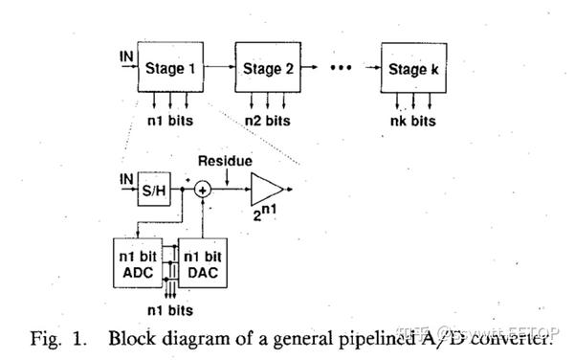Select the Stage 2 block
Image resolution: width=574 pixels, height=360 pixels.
pos(261,68)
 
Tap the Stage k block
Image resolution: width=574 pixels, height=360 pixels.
pos(412,68)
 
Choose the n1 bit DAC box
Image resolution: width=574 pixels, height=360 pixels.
pos(202,263)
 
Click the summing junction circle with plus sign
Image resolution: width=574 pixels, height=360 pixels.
pos(202,191)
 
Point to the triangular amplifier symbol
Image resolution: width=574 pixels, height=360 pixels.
pos(268,190)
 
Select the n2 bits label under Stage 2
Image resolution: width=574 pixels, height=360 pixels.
pos(267,121)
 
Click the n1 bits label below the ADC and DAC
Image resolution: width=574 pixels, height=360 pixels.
pos(170,310)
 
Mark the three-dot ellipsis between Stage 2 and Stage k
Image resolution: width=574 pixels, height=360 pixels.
pos(341,68)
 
